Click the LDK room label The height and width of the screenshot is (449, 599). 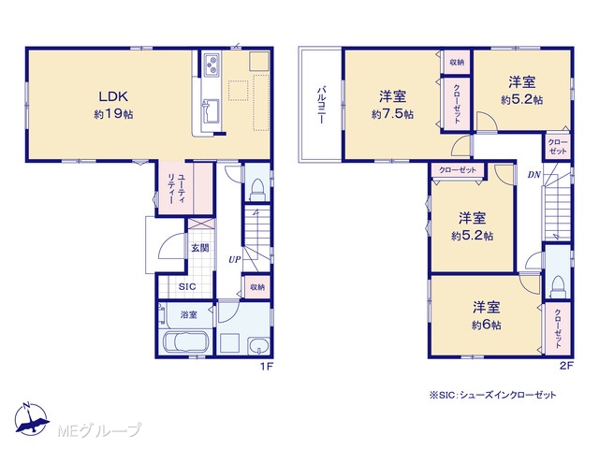tap(113, 96)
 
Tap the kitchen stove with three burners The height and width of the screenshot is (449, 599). tap(212, 65)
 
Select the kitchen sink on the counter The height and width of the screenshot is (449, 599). tap(212, 111)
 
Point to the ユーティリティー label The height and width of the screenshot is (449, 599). tap(176, 188)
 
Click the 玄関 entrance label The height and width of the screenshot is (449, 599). tap(200, 248)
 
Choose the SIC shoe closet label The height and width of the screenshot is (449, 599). tap(187, 287)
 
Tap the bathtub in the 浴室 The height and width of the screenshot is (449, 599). tap(185, 343)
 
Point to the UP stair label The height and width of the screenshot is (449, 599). tap(235, 260)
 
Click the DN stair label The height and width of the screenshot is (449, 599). tap(534, 175)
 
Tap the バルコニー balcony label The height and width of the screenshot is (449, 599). tap(321, 105)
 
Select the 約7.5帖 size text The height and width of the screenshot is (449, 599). tap(392, 114)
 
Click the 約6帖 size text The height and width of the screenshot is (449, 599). tap(487, 325)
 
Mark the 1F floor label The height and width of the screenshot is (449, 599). tap(267, 367)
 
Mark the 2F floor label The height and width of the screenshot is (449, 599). tap(567, 366)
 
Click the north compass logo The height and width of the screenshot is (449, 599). tap(31, 419)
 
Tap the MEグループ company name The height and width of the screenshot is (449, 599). tap(99, 431)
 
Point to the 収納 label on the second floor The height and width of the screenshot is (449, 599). tap(457, 62)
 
